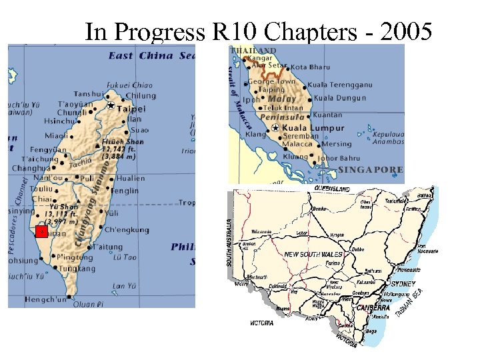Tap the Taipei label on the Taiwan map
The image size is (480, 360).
pyautogui.click(x=132, y=107)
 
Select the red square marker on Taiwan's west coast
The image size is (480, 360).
pyautogui.click(x=41, y=231)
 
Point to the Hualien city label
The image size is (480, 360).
pyautogui.click(x=131, y=178)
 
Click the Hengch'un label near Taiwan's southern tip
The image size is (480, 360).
pyautogui.click(x=45, y=300)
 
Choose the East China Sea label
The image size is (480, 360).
pyautogui.click(x=153, y=55)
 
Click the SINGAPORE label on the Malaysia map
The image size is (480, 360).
pyautogui.click(x=371, y=170)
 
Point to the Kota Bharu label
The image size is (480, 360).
pyautogui.click(x=311, y=67)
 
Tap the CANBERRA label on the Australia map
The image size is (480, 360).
pyautogui.click(x=373, y=308)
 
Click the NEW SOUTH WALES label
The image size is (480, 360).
pyautogui.click(x=313, y=255)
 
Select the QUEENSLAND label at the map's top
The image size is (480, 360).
pyautogui.click(x=332, y=189)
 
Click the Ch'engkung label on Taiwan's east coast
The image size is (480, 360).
pyautogui.click(x=127, y=230)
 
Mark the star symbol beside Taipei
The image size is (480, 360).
pyautogui.click(x=110, y=105)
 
